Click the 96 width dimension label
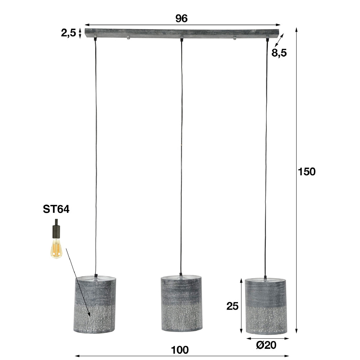click(x=182, y=19)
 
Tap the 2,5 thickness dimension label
click(x=68, y=33)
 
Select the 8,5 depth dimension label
click(x=279, y=53)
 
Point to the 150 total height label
click(x=307, y=172)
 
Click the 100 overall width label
click(x=180, y=350)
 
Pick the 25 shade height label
click(x=232, y=306)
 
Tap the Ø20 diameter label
click(x=266, y=345)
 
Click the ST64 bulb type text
click(x=56, y=210)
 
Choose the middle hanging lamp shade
click(x=181, y=304)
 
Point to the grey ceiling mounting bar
click(x=182, y=33)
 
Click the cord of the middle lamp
click(x=181, y=155)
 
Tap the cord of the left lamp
click(x=96, y=155)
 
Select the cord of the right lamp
click(x=266, y=155)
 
